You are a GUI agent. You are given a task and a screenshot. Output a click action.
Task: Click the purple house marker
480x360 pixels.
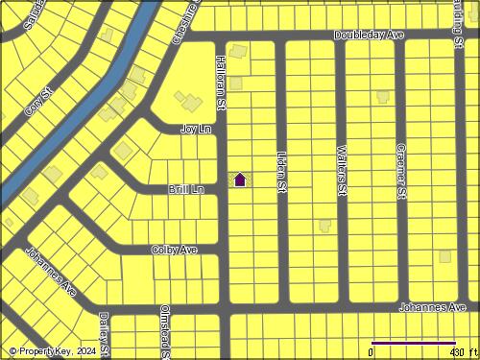coord(240,179)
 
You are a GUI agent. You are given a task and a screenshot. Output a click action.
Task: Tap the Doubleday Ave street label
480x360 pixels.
coord(370,35)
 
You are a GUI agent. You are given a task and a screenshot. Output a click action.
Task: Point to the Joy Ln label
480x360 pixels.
coord(196,128)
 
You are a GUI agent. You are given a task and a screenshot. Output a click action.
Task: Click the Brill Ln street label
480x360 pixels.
coord(186,190)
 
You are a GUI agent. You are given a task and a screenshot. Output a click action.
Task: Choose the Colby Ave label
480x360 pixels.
coord(174,250)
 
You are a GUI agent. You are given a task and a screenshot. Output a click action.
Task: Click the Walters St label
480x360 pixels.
coord(342,171)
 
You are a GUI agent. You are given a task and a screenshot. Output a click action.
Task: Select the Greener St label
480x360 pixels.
coord(402,172)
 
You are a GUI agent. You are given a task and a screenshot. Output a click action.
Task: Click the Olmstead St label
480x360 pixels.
coord(165,331)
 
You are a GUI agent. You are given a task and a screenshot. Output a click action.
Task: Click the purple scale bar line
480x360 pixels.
coord(413,342)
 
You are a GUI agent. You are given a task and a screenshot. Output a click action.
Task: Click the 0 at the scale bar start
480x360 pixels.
coord(372,352)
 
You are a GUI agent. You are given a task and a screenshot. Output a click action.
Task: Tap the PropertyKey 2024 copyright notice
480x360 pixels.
coord(53,352)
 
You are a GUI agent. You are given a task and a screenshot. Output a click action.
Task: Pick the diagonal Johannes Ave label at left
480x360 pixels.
coord(51,271)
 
